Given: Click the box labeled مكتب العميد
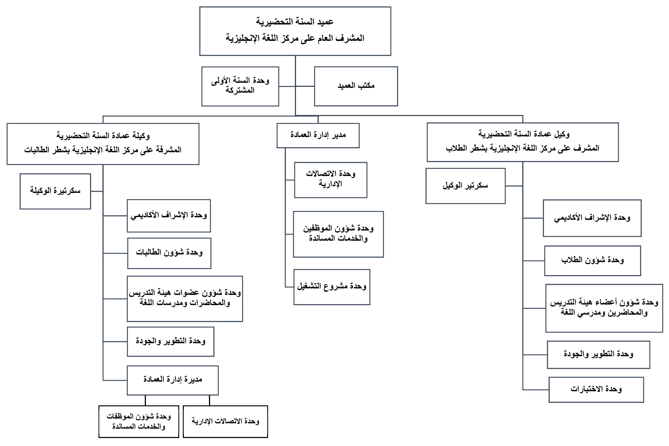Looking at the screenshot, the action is (x=356, y=86).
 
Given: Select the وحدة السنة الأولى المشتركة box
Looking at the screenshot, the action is (x=240, y=86).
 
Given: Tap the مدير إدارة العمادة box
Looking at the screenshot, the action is (x=318, y=135).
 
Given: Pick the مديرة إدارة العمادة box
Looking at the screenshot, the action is (x=172, y=380).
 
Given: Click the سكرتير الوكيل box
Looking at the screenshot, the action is (x=465, y=186).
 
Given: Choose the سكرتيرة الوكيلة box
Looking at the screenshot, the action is (x=55, y=192).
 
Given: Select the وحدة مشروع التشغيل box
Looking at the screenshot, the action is (x=332, y=287).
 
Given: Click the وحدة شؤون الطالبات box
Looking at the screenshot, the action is (x=169, y=253).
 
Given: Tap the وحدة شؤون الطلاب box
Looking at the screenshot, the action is (x=592, y=261).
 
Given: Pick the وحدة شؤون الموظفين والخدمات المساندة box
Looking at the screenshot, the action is (x=338, y=234).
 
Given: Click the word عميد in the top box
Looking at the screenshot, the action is (x=325, y=22).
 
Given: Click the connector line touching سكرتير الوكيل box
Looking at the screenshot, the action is (x=514, y=186).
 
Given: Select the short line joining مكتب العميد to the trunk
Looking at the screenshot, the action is (x=305, y=86).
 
